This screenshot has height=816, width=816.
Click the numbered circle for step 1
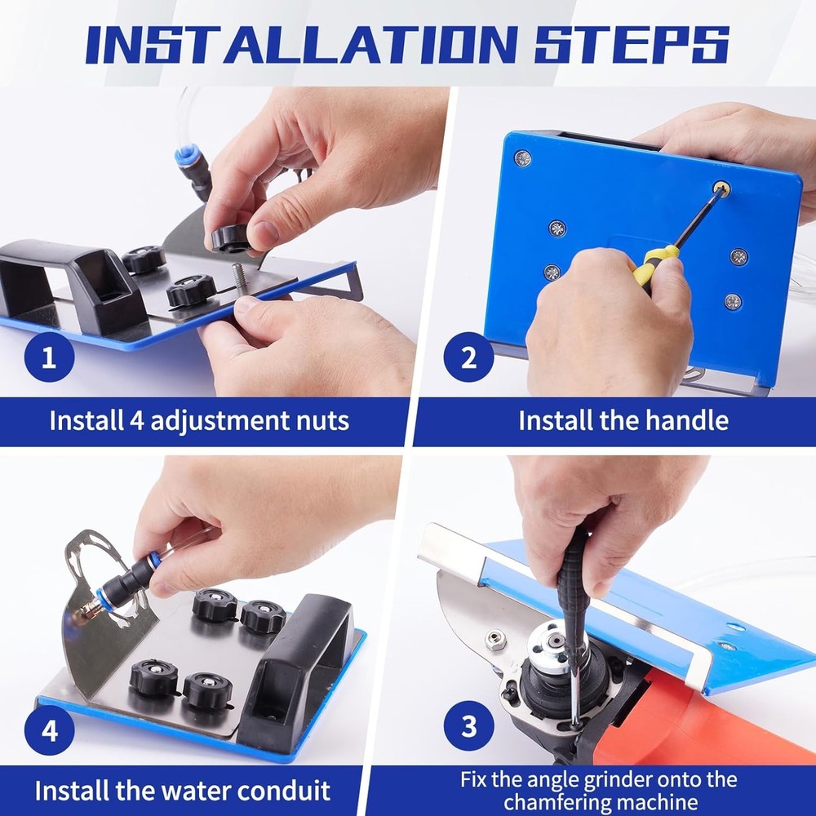[49, 357]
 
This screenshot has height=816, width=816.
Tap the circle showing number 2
[469, 357]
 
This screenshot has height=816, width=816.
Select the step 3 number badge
[469, 726]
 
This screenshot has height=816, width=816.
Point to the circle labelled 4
[50, 729]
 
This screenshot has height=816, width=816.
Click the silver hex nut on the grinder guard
[495, 640]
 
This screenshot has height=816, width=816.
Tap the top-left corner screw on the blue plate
[523, 157]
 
